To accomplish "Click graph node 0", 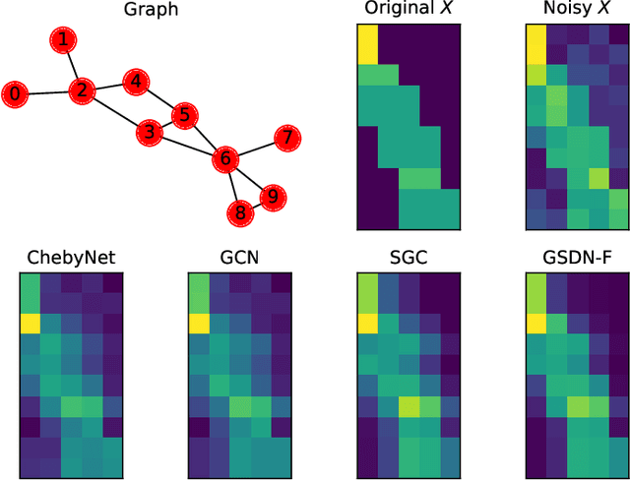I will click(15, 94).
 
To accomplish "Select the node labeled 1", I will click(63, 40).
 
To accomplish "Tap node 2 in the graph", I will click(82, 91).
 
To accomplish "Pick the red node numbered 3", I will click(136, 82).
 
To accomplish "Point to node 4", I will click(182, 116).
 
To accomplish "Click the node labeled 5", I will click(225, 158).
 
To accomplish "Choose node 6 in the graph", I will click(286, 138).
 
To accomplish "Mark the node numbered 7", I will click(239, 211).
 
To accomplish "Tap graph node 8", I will click(273, 198).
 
